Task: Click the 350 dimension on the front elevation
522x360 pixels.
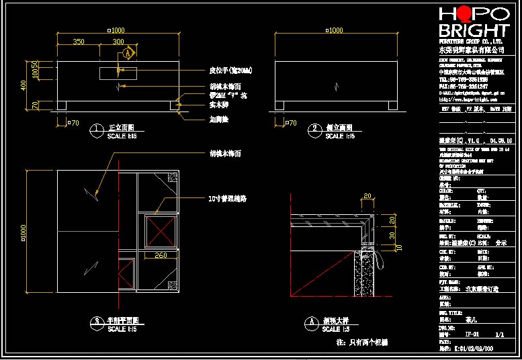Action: point(79,42)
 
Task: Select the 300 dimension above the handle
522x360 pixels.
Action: point(118,42)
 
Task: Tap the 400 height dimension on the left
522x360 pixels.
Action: point(23,85)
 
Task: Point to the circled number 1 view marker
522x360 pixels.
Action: point(97,128)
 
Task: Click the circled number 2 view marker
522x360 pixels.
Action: point(314,128)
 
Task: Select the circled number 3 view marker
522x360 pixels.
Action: point(97,322)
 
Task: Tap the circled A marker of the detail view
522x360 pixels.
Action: point(310,322)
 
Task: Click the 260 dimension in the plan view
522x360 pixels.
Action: point(161,255)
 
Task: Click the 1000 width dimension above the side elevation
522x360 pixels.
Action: point(333,30)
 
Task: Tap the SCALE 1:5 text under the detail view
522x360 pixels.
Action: point(336,330)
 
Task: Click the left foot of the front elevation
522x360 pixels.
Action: point(62,105)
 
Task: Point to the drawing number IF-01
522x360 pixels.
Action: point(472,333)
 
